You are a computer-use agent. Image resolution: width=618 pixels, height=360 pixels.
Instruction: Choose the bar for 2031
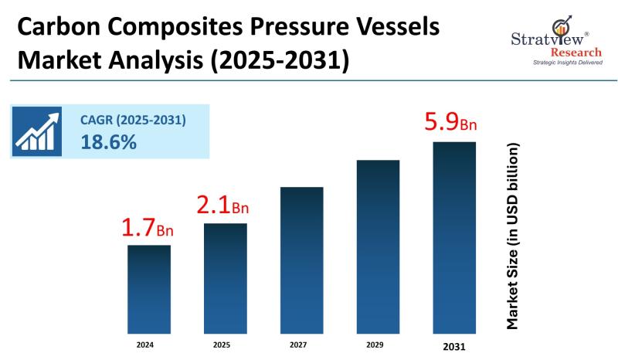pos(454,236)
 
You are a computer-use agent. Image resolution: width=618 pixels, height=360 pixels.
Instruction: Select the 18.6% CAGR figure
pos(108,142)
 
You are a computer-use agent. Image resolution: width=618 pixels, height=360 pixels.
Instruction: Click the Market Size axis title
pos(512,236)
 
